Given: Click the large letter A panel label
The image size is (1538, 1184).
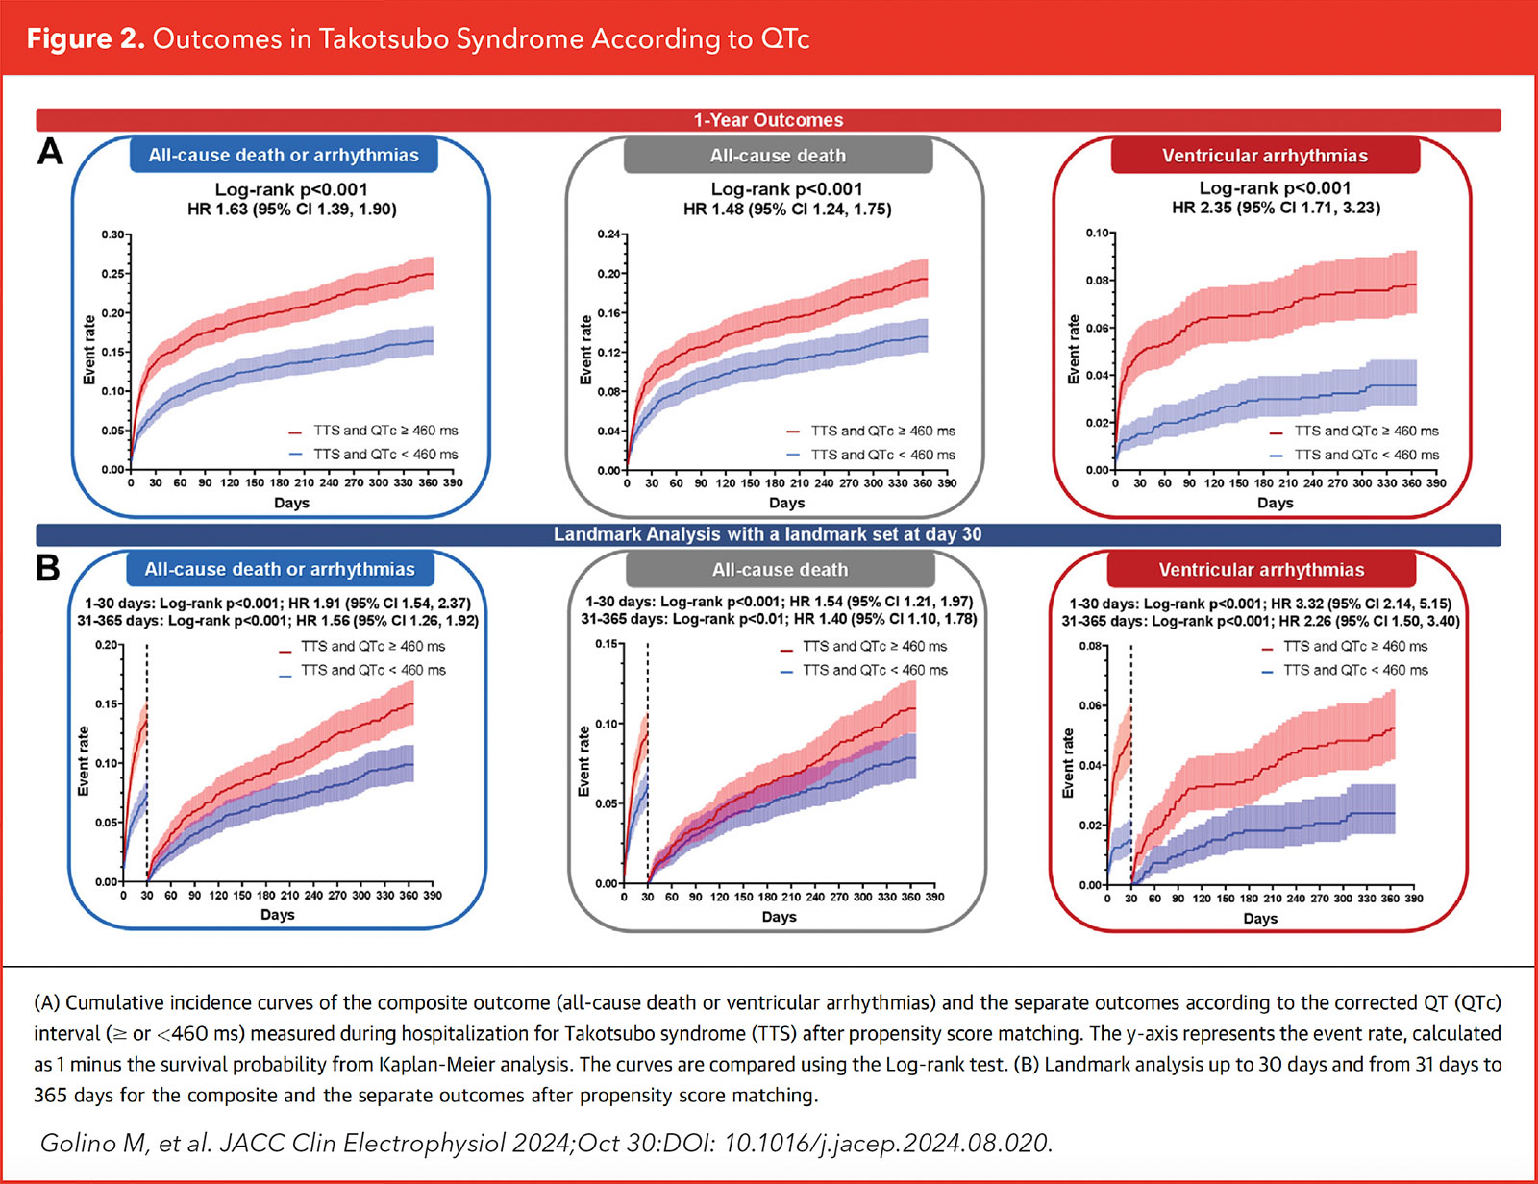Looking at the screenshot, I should point(50,152).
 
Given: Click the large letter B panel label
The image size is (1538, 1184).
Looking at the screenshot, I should point(48,568).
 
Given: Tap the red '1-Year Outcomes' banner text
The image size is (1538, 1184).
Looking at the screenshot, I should point(768,120).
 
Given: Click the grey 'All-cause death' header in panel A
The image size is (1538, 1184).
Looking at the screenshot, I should point(778,156).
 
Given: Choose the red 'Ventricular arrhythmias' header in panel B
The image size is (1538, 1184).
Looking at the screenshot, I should point(1261,570).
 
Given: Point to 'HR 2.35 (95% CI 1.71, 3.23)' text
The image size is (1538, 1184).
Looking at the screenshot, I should point(1276,208).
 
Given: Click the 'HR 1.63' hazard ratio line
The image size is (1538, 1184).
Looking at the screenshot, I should point(291,209).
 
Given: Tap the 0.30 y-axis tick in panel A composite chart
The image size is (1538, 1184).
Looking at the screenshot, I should point(112,234).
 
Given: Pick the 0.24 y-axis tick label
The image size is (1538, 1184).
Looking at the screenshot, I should point(608,234).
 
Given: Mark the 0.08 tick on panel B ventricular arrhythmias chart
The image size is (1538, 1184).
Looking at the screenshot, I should point(1090,647).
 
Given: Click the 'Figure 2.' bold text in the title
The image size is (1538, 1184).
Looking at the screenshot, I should point(86,39).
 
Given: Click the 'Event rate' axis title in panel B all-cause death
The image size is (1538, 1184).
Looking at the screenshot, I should point(583,761).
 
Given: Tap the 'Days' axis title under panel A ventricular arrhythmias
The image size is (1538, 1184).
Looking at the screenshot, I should point(1275,503).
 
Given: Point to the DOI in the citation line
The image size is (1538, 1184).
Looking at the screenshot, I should point(887,1143).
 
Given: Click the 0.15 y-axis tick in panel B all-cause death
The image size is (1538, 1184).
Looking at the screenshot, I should point(606,645).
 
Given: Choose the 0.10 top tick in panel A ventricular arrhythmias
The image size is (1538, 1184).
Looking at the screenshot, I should point(1097,234).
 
